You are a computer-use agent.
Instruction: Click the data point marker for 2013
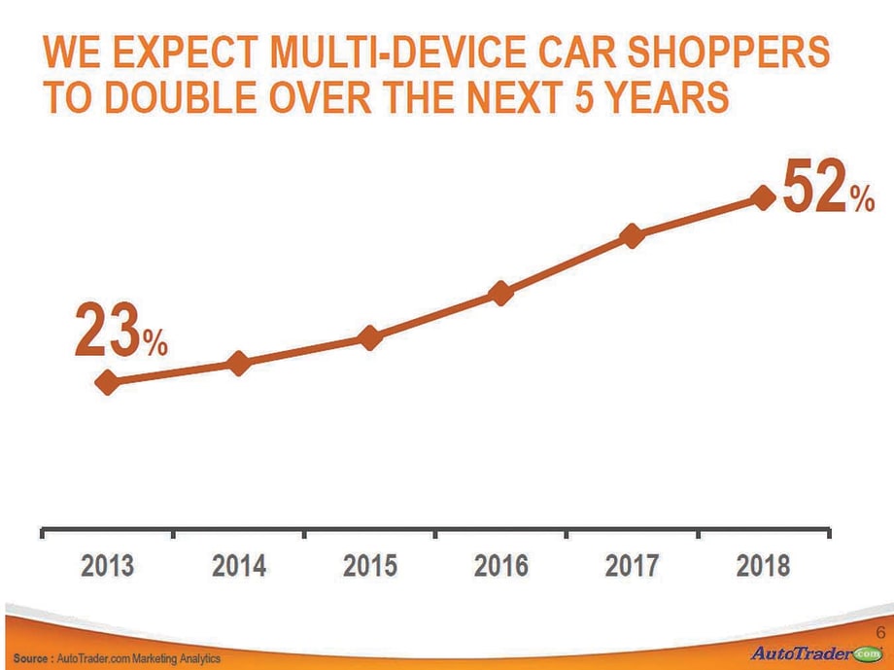(108, 382)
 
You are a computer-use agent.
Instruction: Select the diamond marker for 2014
(239, 363)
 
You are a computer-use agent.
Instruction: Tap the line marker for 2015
(369, 337)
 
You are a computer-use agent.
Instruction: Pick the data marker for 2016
(500, 294)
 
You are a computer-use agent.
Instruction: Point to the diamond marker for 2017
(632, 236)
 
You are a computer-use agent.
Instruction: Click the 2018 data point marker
(763, 198)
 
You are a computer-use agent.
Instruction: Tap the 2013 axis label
(107, 565)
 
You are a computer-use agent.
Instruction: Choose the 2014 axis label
(239, 565)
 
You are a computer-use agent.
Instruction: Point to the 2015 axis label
(369, 565)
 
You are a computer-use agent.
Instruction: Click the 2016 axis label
(500, 565)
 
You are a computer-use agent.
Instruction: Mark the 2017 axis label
(632, 565)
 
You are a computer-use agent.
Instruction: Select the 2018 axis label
(763, 565)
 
